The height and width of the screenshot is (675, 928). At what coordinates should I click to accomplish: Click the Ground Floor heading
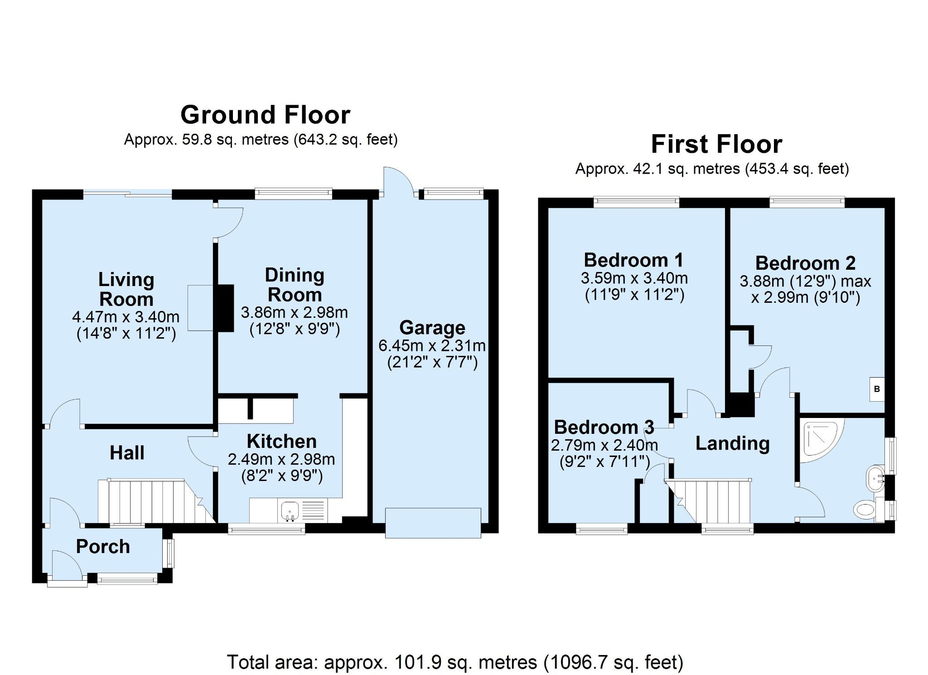tap(265, 115)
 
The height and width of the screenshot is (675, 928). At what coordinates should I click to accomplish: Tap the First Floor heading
tap(716, 145)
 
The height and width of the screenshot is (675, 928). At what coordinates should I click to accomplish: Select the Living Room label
tap(126, 289)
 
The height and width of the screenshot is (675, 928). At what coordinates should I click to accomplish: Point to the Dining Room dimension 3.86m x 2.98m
tap(294, 312)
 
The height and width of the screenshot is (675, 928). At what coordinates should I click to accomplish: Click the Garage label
tap(432, 327)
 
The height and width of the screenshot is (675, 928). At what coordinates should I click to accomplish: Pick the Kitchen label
tap(281, 441)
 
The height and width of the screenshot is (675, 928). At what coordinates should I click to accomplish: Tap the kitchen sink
tap(289, 510)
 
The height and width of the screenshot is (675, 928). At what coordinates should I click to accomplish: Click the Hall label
tap(127, 453)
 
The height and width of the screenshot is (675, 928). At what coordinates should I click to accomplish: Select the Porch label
tap(103, 547)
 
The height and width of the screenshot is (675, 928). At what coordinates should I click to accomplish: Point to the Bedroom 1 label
tap(633, 260)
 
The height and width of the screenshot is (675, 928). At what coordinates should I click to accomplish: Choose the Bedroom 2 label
tap(805, 263)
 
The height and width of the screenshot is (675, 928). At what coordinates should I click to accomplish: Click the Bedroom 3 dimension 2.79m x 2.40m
tap(604, 445)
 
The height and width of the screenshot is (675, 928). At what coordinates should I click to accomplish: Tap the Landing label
tap(732, 443)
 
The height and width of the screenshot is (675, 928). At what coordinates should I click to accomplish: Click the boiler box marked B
tap(877, 389)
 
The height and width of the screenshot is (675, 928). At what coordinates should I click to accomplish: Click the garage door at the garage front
tap(433, 523)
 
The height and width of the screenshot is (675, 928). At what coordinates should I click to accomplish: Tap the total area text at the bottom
tap(454, 662)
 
